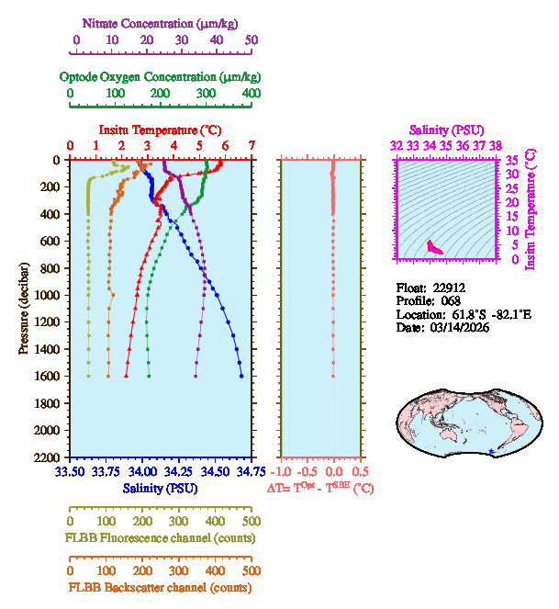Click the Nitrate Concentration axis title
click(163, 22)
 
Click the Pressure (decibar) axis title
click(24, 308)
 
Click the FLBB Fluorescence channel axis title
click(160, 537)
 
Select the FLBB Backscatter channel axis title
click(160, 588)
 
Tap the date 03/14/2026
click(460, 328)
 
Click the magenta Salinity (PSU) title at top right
click(446, 130)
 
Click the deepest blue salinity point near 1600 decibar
click(241, 376)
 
